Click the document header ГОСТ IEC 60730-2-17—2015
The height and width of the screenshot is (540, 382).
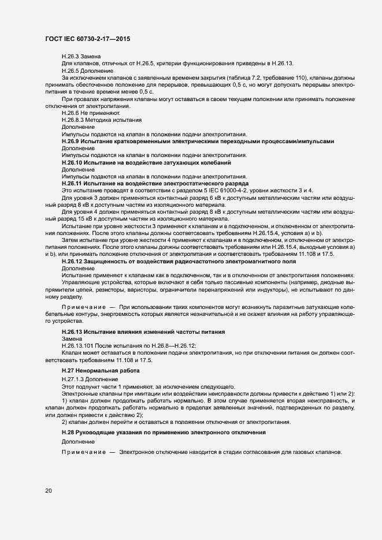click(x=87, y=38)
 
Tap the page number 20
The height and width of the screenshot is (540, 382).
click(x=48, y=490)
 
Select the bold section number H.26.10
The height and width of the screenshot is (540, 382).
click(x=73, y=163)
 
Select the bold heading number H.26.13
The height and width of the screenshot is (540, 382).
click(x=73, y=332)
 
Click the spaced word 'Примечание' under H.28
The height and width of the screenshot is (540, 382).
click(x=84, y=452)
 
